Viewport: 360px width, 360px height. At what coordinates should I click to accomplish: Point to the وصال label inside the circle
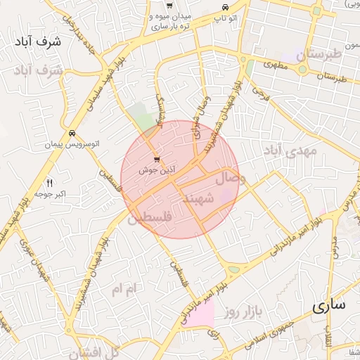coord(231,179)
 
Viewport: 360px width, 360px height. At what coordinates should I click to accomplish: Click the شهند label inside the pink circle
coord(198,199)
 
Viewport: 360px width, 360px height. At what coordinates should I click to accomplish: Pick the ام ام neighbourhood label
coord(127,288)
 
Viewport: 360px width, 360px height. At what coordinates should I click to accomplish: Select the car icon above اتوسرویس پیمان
coord(72,133)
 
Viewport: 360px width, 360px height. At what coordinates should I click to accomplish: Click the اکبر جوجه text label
coord(51,193)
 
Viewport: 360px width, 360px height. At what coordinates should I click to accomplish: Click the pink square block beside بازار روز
coord(202,314)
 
